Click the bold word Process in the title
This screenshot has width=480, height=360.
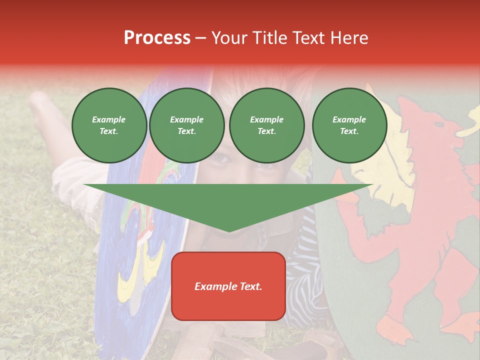point(157,38)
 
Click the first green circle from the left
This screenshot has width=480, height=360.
point(109,125)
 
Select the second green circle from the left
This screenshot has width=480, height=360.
point(186,125)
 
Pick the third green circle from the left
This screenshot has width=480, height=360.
point(266,125)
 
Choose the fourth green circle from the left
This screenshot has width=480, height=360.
point(349,125)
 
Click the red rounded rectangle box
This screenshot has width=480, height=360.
point(228,286)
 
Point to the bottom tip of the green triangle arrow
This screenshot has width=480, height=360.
point(228,231)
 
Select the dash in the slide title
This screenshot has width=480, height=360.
point(200,38)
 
